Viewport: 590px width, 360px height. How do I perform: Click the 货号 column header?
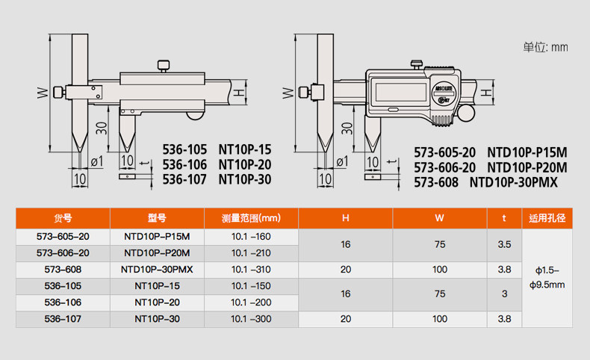click(x=63, y=218)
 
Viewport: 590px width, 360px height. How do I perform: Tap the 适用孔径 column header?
click(x=547, y=218)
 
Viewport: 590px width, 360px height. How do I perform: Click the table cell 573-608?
click(x=63, y=269)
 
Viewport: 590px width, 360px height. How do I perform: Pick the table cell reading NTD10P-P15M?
click(x=157, y=236)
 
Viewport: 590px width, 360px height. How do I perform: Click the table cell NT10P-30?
click(x=157, y=319)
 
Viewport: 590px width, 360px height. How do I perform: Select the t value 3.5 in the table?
click(x=504, y=244)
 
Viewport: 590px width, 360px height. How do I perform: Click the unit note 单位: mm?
click(x=545, y=47)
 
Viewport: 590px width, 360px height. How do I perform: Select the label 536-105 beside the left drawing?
click(x=184, y=149)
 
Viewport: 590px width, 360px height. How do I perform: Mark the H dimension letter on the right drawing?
click(x=486, y=93)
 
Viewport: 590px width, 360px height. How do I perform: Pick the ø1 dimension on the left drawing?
click(x=96, y=161)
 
